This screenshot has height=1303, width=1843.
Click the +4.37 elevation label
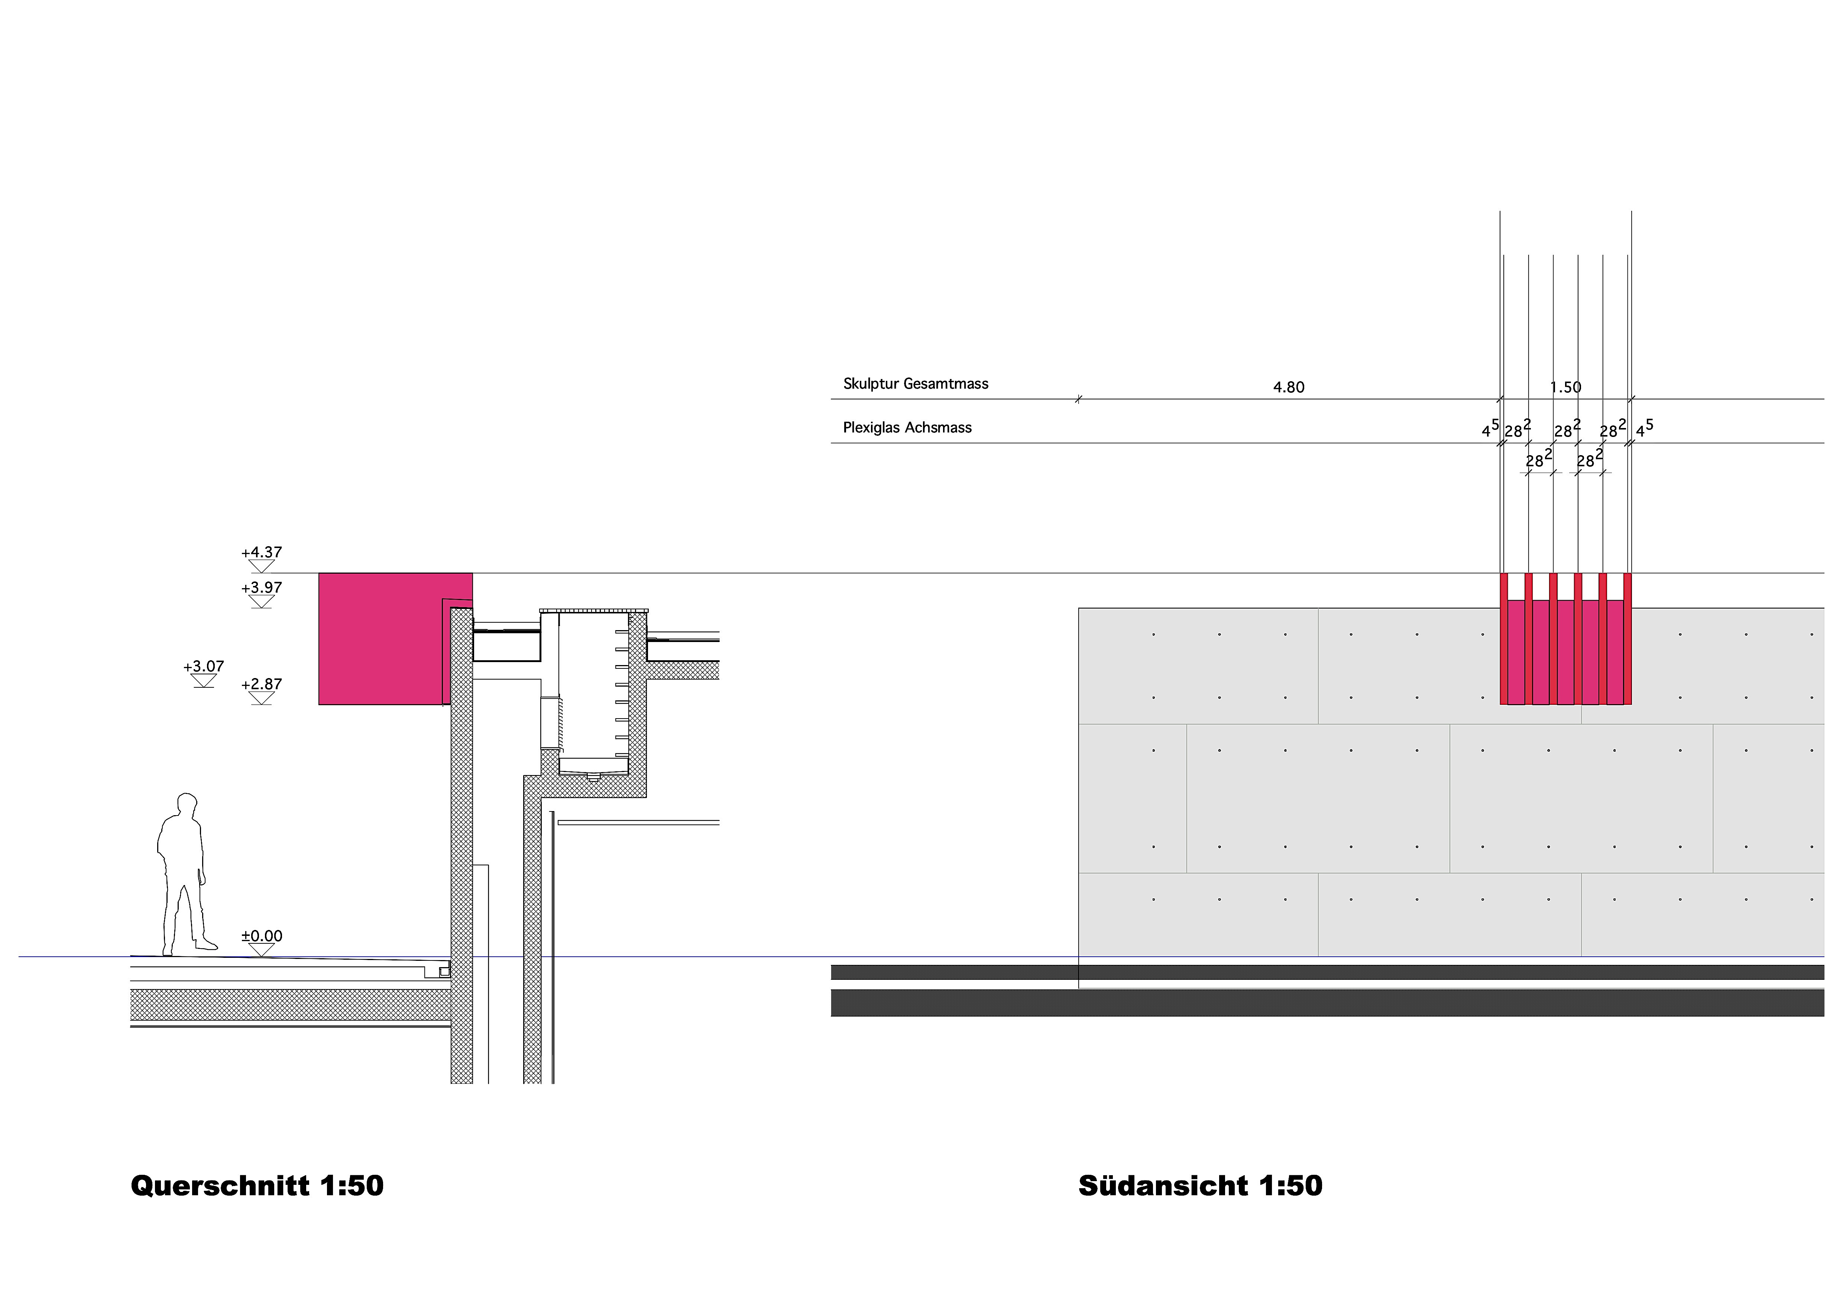coord(262,552)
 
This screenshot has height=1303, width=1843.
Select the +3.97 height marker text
coord(262,588)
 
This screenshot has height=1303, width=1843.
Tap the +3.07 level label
coord(204,666)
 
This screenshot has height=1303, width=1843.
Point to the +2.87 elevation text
coord(262,684)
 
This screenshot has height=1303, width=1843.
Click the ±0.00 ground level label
coord(262,936)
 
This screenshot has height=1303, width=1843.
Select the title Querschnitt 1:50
coord(257,1186)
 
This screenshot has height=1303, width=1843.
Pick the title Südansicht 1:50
coord(1200,1186)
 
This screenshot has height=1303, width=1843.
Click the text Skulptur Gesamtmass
coord(915,384)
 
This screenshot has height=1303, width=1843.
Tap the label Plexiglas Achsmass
coord(907,428)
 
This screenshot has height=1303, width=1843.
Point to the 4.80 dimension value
coord(1288,387)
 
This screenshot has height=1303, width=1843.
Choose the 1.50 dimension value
coord(1565,387)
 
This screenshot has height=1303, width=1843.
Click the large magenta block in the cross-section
coord(381,638)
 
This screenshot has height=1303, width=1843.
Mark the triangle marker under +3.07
coord(204,681)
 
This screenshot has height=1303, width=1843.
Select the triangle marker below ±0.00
coord(262,950)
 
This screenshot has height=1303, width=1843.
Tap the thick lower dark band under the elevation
coord(1324,1003)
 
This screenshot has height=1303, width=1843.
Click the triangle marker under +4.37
coord(262,566)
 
